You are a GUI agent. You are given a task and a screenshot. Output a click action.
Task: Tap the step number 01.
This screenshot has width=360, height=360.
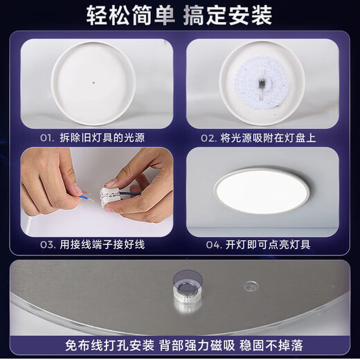coord(47,138)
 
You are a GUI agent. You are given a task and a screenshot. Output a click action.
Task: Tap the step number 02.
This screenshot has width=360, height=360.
coord(208,138)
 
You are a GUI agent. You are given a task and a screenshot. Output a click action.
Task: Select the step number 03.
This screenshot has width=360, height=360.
coord(47,245)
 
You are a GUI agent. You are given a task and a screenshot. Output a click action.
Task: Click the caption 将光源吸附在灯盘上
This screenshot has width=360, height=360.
coord(268,138)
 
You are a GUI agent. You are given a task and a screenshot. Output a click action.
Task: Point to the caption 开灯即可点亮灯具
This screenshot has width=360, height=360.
coord(268,245)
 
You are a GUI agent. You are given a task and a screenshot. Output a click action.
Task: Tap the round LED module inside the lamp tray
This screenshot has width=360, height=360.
coord(262,82)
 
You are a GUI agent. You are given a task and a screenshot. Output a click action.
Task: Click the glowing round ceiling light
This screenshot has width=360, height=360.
coord(261,192)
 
